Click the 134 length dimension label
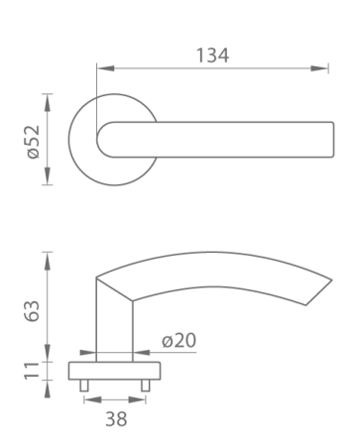coord(212,56)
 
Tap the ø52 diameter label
coord(34,142)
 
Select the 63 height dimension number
coord(33,311)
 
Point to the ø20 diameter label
coord(179,340)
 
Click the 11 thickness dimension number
coord(33,371)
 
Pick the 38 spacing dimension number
coord(116,419)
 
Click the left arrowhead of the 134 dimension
coord(106,68)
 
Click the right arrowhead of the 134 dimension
coord(319,68)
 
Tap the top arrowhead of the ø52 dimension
coord(48,102)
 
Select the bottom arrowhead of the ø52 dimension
coord(48,176)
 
